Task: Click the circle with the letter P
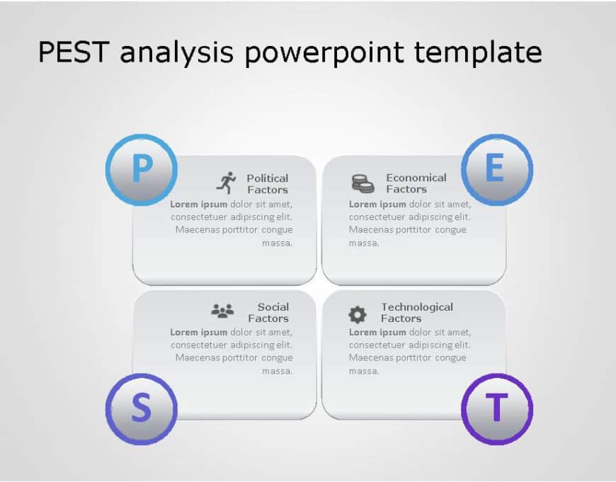[142, 170]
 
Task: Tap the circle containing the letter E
[496, 170]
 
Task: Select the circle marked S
[142, 409]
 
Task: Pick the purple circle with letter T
[496, 408]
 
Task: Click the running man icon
[226, 183]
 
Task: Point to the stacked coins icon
[363, 183]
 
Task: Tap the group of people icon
[222, 311]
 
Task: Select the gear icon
[358, 314]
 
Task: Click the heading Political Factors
[268, 184]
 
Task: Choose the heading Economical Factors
[416, 183]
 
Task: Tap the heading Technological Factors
[416, 312]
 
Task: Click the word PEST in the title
[75, 52]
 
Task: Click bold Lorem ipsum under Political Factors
[198, 204]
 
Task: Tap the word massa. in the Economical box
[364, 243]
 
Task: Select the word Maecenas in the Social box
[198, 357]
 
